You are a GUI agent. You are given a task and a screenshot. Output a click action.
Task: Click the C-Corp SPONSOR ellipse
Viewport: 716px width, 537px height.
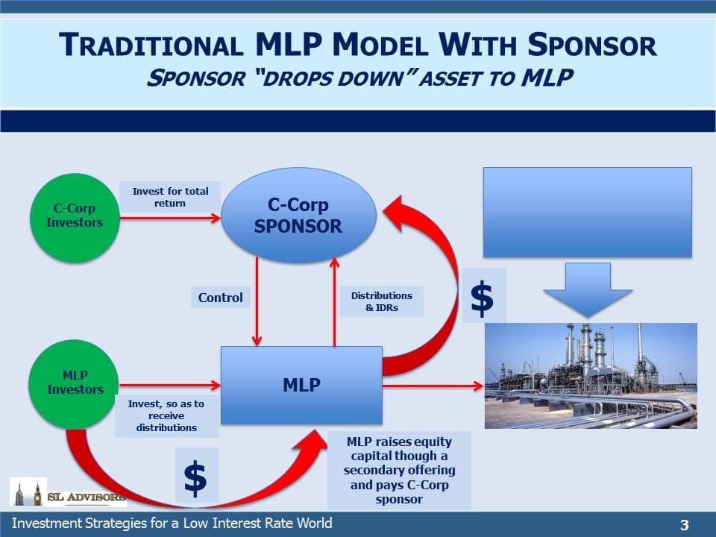298,215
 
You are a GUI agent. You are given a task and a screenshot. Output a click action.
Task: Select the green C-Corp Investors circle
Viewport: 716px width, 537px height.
75,219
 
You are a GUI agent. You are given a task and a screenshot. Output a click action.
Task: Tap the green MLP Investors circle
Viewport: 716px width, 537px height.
74,385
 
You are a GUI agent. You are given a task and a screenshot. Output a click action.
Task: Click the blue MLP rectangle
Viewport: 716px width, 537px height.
301,386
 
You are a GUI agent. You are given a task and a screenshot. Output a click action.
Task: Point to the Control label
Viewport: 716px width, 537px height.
221,298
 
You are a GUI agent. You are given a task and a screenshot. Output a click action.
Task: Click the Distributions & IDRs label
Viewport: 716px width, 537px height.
382,301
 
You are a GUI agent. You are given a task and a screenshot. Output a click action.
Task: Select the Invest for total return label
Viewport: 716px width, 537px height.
170,197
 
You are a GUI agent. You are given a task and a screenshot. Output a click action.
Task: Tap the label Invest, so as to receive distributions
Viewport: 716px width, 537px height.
166,415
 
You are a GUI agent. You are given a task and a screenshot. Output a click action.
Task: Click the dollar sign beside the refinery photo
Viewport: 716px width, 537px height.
483,298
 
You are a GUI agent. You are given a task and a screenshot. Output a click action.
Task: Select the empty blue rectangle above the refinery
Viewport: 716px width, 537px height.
588,213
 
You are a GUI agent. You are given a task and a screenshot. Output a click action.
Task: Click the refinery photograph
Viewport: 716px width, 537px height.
591,376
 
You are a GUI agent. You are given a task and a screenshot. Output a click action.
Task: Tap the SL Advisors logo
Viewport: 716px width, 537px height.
68,492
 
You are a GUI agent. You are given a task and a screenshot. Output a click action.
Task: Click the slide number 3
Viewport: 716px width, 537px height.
684,524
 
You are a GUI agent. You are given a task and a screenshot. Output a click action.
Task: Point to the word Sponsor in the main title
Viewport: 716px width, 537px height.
592,45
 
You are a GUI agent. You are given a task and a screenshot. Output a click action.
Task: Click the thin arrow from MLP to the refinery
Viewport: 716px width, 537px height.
433,386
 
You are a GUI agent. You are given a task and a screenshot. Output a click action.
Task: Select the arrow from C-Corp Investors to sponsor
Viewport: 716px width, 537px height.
170,219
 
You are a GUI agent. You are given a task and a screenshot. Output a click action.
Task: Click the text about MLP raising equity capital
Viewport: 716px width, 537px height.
399,471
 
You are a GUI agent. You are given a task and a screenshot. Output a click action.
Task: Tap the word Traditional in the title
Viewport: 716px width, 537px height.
151,45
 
